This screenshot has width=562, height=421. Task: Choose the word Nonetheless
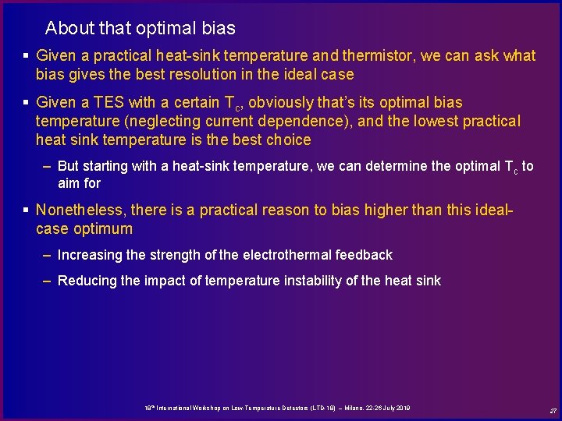point(80,210)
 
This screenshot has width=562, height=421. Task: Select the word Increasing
point(89,255)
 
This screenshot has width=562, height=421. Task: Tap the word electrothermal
point(292,255)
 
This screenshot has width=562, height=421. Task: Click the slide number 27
point(552,411)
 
